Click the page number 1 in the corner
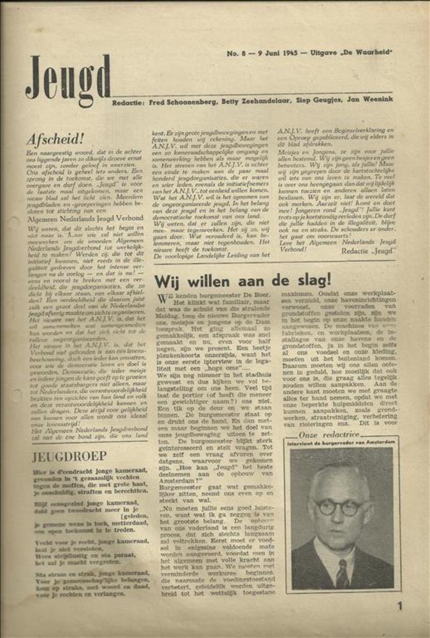[399, 606]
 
